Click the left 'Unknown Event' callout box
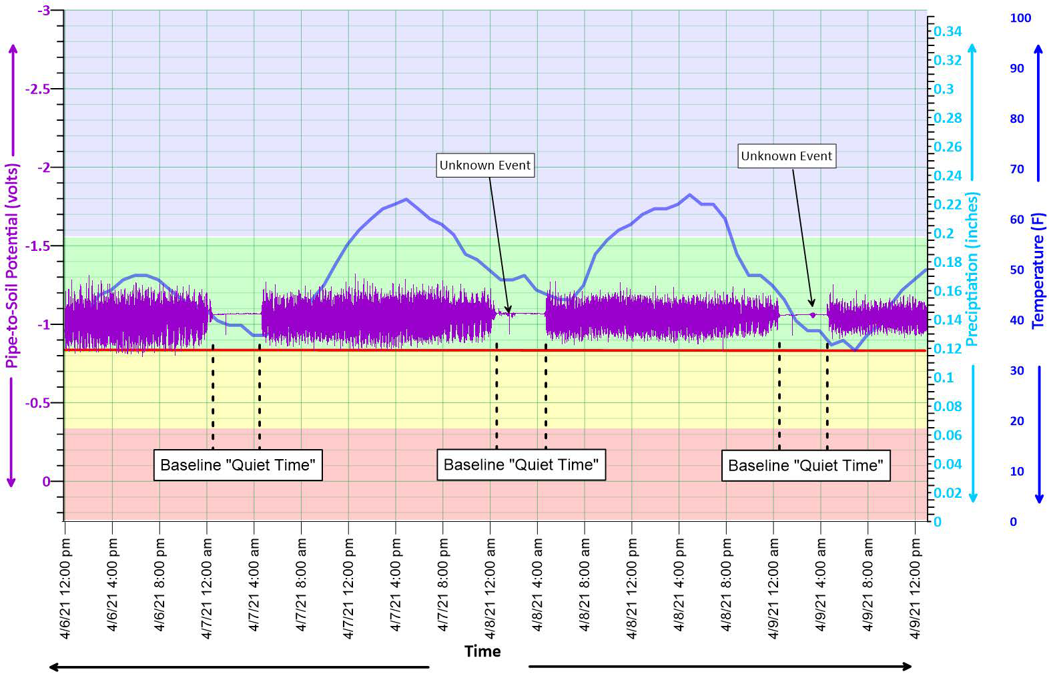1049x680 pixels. coord(484,165)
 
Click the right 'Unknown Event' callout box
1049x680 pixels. coord(786,156)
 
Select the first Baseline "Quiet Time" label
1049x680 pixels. coord(238,465)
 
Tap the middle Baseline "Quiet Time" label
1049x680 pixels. coord(520,464)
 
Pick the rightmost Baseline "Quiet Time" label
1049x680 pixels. coord(805,465)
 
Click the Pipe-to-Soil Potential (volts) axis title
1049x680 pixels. coord(12,266)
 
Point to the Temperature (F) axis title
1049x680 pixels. coord(1038,270)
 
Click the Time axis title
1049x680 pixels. coord(482,651)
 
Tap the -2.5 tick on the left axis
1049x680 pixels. coord(37,89)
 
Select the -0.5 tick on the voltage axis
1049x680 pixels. coord(37,403)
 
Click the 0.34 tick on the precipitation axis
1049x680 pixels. coord(948,31)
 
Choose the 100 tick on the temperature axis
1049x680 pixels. coord(1020,18)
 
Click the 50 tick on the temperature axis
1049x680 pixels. coord(1016,270)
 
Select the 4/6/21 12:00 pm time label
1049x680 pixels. coord(65,589)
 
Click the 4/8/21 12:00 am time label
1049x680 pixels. coord(490,589)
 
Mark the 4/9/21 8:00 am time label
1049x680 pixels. coord(868,589)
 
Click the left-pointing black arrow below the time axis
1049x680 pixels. coord(239,666)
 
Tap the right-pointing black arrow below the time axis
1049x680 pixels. coord(720,666)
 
